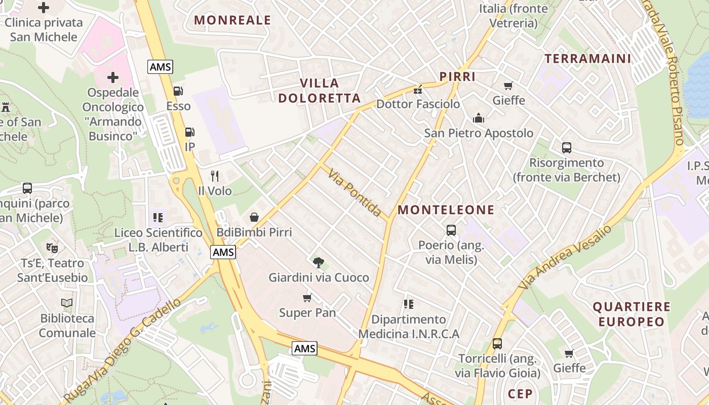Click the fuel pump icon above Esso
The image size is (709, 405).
click(x=178, y=91)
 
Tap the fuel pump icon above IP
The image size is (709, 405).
click(x=189, y=132)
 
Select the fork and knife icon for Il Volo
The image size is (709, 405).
click(x=215, y=176)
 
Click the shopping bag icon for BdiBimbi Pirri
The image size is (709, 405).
click(x=254, y=217)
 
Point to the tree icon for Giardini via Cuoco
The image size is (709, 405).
click(x=319, y=262)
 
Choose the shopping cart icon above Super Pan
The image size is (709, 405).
click(x=307, y=298)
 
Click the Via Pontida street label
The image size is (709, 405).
click(x=354, y=193)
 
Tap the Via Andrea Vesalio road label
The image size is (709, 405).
click(x=565, y=257)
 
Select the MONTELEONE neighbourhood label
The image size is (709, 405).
click(x=446, y=210)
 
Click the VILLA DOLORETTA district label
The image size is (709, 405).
click(x=319, y=91)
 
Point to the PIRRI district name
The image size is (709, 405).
click(x=457, y=77)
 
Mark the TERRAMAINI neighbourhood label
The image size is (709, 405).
click(x=588, y=59)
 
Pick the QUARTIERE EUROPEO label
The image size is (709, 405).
click(x=631, y=314)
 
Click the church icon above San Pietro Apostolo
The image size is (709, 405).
click(x=479, y=118)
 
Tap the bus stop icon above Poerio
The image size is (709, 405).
click(x=451, y=230)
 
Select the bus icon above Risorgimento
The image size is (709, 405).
click(x=567, y=148)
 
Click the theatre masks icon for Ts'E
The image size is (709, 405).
click(x=52, y=248)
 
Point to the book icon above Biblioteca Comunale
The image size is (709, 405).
click(x=67, y=303)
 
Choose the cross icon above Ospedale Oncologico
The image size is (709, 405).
click(x=113, y=77)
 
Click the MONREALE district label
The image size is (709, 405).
click(x=233, y=20)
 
